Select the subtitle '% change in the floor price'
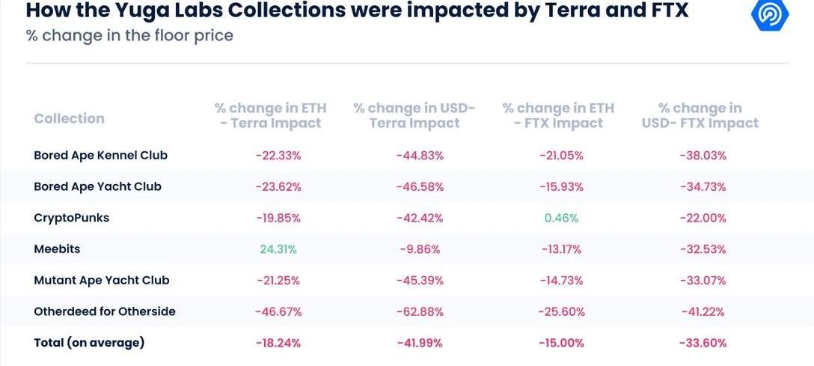coord(129,35)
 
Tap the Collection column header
coord(69,118)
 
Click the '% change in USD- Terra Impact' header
coord(414,116)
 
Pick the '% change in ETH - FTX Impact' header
coord(558,116)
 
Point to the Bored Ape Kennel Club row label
coord(100,156)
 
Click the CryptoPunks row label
coord(71,218)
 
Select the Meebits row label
coord(57,249)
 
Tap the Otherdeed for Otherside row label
coord(105,311)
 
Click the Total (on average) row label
coord(89,343)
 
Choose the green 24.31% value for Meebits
coord(278,249)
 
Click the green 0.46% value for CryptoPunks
coord(561,218)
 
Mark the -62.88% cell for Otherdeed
coord(420,311)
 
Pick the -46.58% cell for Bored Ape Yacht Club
coord(420,186)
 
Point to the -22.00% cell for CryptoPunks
coord(703,218)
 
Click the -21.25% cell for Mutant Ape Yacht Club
coord(278,280)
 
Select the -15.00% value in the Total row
coord(561,343)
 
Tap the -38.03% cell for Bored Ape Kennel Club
coord(703,156)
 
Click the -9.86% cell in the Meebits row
coord(420,249)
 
